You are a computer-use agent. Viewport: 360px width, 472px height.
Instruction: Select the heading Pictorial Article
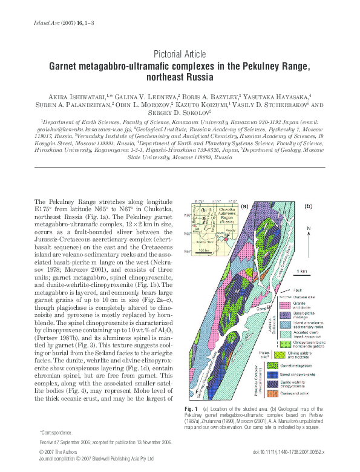pyautogui.click(x=180, y=54)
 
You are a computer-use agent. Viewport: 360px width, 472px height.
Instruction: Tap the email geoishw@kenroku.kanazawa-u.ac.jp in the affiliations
pyautogui.click(x=86, y=130)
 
